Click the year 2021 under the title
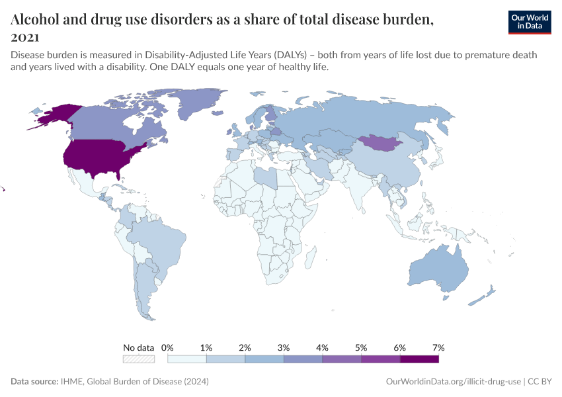click(24, 37)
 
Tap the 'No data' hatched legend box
click(139, 359)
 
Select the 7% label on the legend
click(438, 347)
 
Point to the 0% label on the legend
click(167, 347)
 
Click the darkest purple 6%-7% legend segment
click(419, 359)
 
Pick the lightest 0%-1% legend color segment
click(187, 359)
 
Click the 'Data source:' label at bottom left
click(34, 382)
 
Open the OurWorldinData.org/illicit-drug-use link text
click(452, 382)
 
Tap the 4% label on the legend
click(323, 347)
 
